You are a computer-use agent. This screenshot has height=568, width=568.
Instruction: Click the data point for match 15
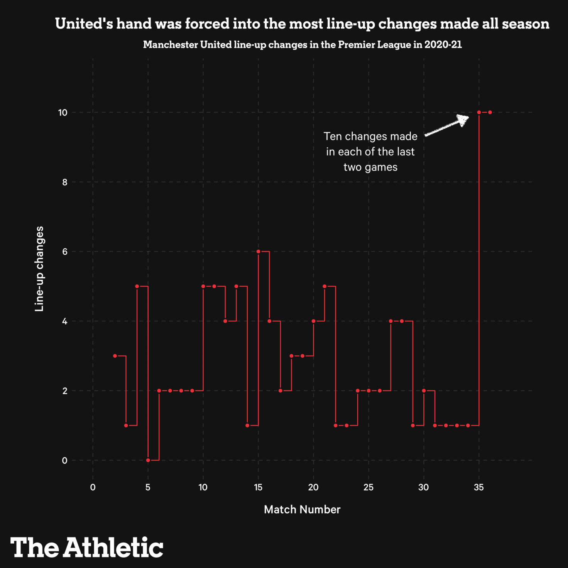pos(258,252)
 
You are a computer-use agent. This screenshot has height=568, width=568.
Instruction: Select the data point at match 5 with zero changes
pos(148,460)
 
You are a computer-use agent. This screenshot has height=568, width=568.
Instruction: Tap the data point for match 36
pos(490,112)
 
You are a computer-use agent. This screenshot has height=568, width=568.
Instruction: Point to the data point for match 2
pos(115,356)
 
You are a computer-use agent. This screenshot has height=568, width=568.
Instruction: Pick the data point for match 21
pos(325,286)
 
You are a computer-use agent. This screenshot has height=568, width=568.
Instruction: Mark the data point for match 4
pos(137,286)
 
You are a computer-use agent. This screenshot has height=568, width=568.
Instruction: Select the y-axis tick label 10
pos(63,113)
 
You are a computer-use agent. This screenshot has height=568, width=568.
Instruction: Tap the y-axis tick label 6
pos(64,252)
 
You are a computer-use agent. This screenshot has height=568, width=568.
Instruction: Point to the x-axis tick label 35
pos(479,487)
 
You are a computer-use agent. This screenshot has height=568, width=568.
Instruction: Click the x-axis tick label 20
pos(313,487)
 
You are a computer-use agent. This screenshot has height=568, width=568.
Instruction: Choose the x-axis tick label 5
pos(148,487)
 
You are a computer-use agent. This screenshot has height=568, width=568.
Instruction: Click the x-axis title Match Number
pos(302,509)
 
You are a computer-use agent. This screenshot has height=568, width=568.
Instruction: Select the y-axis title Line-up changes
pos(39,269)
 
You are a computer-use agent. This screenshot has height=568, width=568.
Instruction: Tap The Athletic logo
pos(87,547)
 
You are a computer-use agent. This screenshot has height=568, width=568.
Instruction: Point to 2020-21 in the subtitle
pos(443,45)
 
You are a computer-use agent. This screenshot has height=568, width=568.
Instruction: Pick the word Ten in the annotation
pos(333,136)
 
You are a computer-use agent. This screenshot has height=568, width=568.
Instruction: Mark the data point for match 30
pos(424,390)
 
